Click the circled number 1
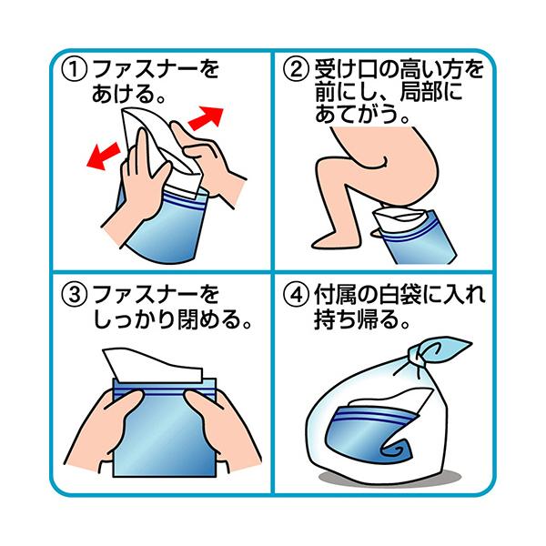[x=74, y=70]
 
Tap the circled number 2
[x=296, y=69]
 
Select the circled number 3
[x=74, y=295]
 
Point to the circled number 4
[x=296, y=295]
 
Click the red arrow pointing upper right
[x=207, y=117]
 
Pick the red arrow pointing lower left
[x=104, y=156]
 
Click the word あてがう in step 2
[x=356, y=114]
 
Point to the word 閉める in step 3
[x=209, y=318]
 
